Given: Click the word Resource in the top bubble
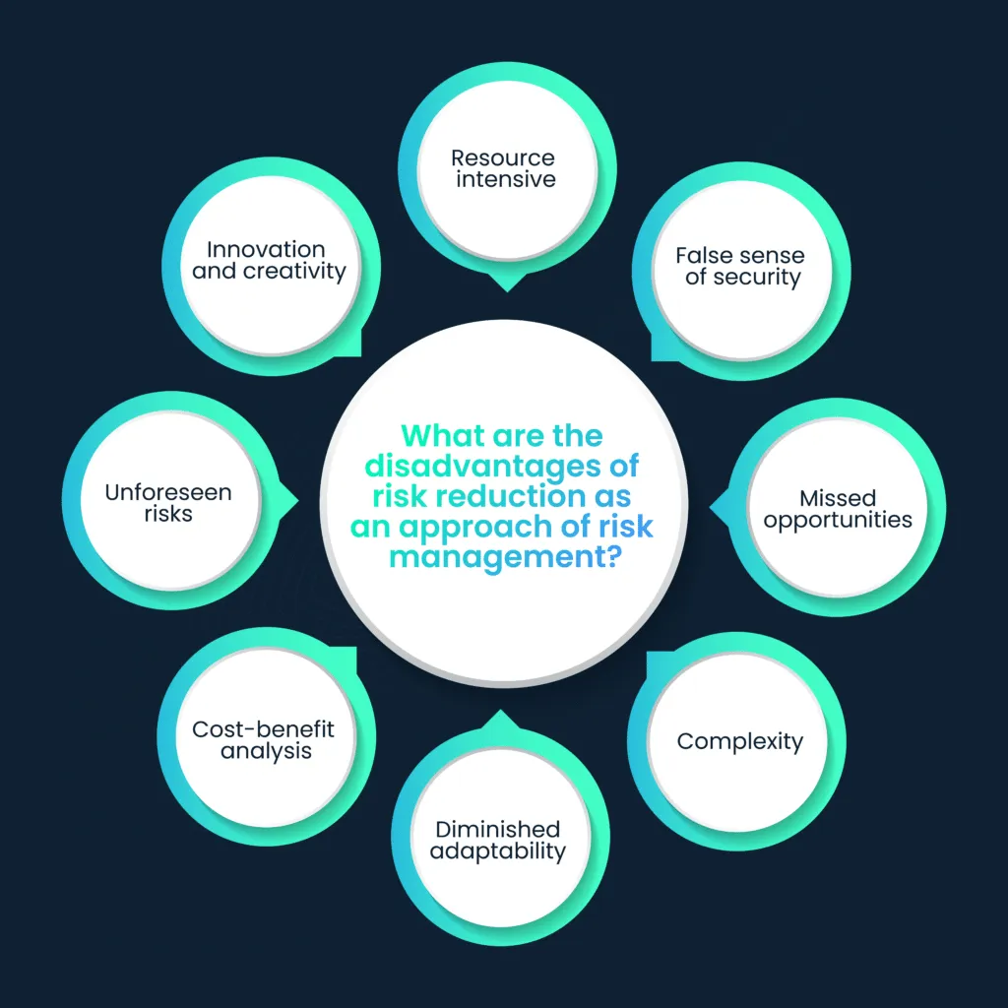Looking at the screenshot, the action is click(x=503, y=157).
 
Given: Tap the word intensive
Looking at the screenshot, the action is click(x=505, y=179).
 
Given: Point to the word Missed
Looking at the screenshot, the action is click(x=837, y=498).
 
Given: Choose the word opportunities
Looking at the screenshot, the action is click(x=838, y=520).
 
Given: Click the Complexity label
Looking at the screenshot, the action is click(x=740, y=741).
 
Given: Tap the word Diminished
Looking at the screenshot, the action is click(x=498, y=829).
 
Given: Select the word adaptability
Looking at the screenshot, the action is click(x=499, y=850).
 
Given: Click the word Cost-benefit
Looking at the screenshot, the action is click(x=264, y=729).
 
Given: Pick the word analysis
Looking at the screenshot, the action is click(x=266, y=751).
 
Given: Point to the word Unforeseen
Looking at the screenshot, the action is click(x=168, y=492).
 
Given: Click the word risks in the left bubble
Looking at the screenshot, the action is click(x=168, y=514).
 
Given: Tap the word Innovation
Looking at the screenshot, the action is click(x=266, y=250).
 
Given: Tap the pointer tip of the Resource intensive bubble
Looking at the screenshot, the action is click(x=507, y=290).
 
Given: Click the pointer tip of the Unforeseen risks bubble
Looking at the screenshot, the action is click(x=296, y=502).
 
